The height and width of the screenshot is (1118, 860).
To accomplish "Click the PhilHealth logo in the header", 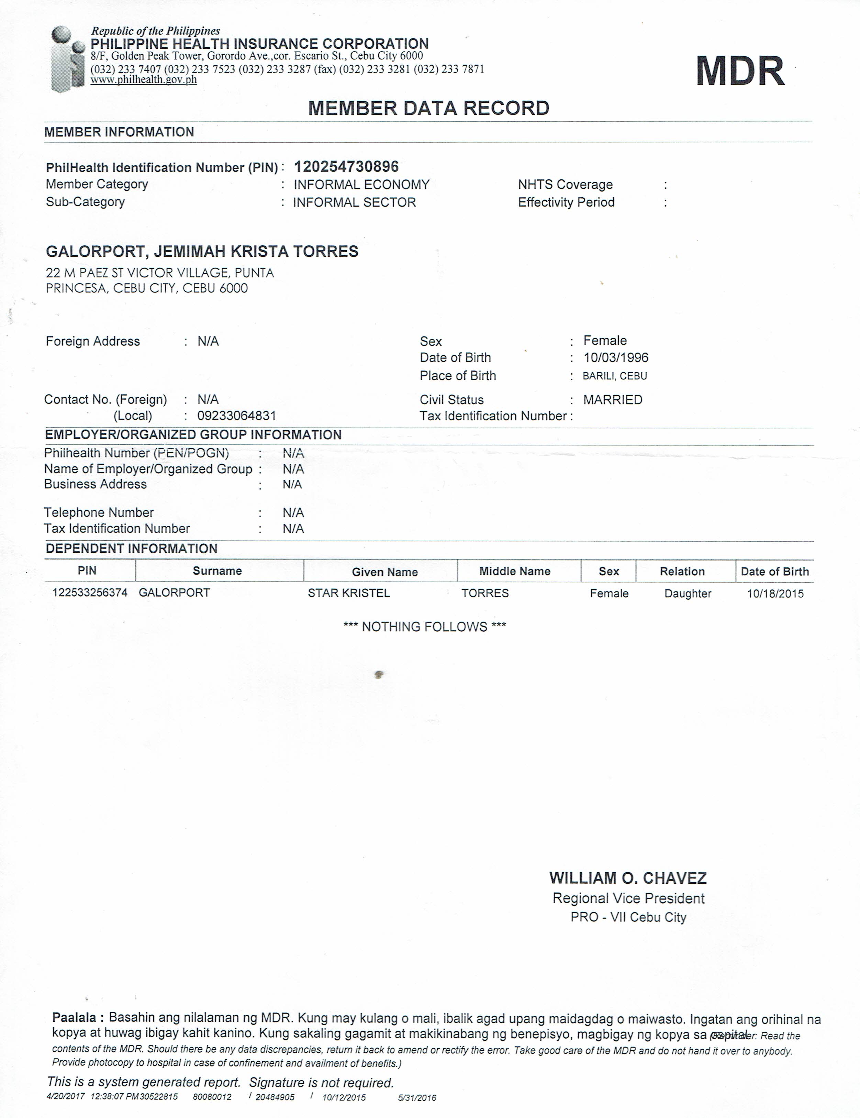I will (68, 58).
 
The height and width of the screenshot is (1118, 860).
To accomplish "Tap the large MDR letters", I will (740, 71).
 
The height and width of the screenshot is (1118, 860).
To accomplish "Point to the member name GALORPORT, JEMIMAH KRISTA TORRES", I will (202, 251).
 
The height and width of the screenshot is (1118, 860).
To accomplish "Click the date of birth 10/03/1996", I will (616, 358).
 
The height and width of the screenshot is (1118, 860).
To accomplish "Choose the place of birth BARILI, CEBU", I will (615, 376).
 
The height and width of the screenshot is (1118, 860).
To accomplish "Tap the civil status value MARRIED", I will (613, 400).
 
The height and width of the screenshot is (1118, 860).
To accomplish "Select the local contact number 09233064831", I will (236, 416).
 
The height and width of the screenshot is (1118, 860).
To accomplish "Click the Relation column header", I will (682, 571).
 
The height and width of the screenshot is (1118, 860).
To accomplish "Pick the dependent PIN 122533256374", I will (90, 593).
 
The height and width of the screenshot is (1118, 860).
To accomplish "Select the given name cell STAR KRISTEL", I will (349, 593).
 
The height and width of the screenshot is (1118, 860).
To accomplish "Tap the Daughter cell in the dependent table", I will (688, 594).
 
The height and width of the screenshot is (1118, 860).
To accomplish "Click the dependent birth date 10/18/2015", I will (775, 594).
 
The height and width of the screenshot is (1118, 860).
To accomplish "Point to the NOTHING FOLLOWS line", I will (424, 627).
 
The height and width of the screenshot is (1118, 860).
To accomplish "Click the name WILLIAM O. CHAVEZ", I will (628, 878).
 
